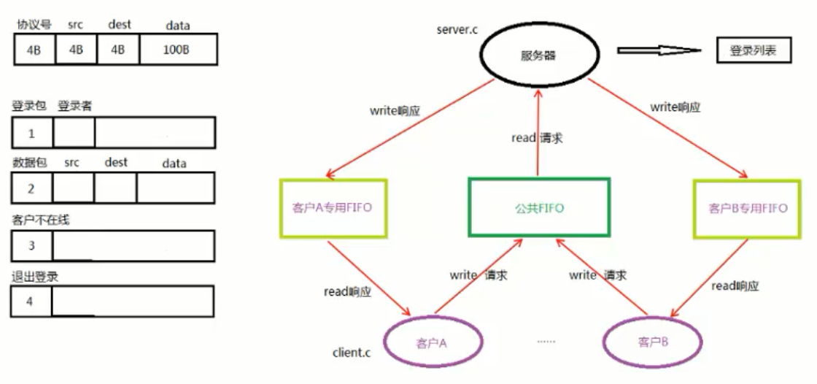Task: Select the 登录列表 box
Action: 753,51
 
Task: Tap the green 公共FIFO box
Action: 538,208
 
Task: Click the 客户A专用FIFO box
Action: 333,208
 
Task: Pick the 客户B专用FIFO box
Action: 748,208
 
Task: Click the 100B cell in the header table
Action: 178,50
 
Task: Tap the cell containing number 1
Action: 32,134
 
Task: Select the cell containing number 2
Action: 32,188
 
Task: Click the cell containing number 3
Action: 32,246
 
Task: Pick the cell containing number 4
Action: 31,301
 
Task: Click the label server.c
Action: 457,30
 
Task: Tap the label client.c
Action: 352,353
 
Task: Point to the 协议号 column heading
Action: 34,24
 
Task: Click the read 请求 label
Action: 537,137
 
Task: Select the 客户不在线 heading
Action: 41,219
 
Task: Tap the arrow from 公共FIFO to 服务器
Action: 538,131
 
